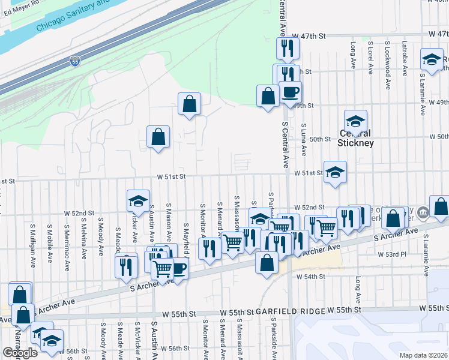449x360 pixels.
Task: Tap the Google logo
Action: click(20, 352)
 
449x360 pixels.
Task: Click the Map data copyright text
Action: click(424, 355)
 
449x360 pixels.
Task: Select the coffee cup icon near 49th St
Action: click(290, 92)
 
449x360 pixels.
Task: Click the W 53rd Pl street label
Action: click(392, 254)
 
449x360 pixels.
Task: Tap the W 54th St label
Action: click(310, 277)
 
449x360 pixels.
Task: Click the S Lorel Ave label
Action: click(370, 58)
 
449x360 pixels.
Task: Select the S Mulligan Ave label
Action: click(31, 241)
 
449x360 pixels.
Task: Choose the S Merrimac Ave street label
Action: click(66, 241)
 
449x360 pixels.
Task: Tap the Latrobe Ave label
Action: click(405, 58)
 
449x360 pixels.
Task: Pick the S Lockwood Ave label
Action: click(388, 58)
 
